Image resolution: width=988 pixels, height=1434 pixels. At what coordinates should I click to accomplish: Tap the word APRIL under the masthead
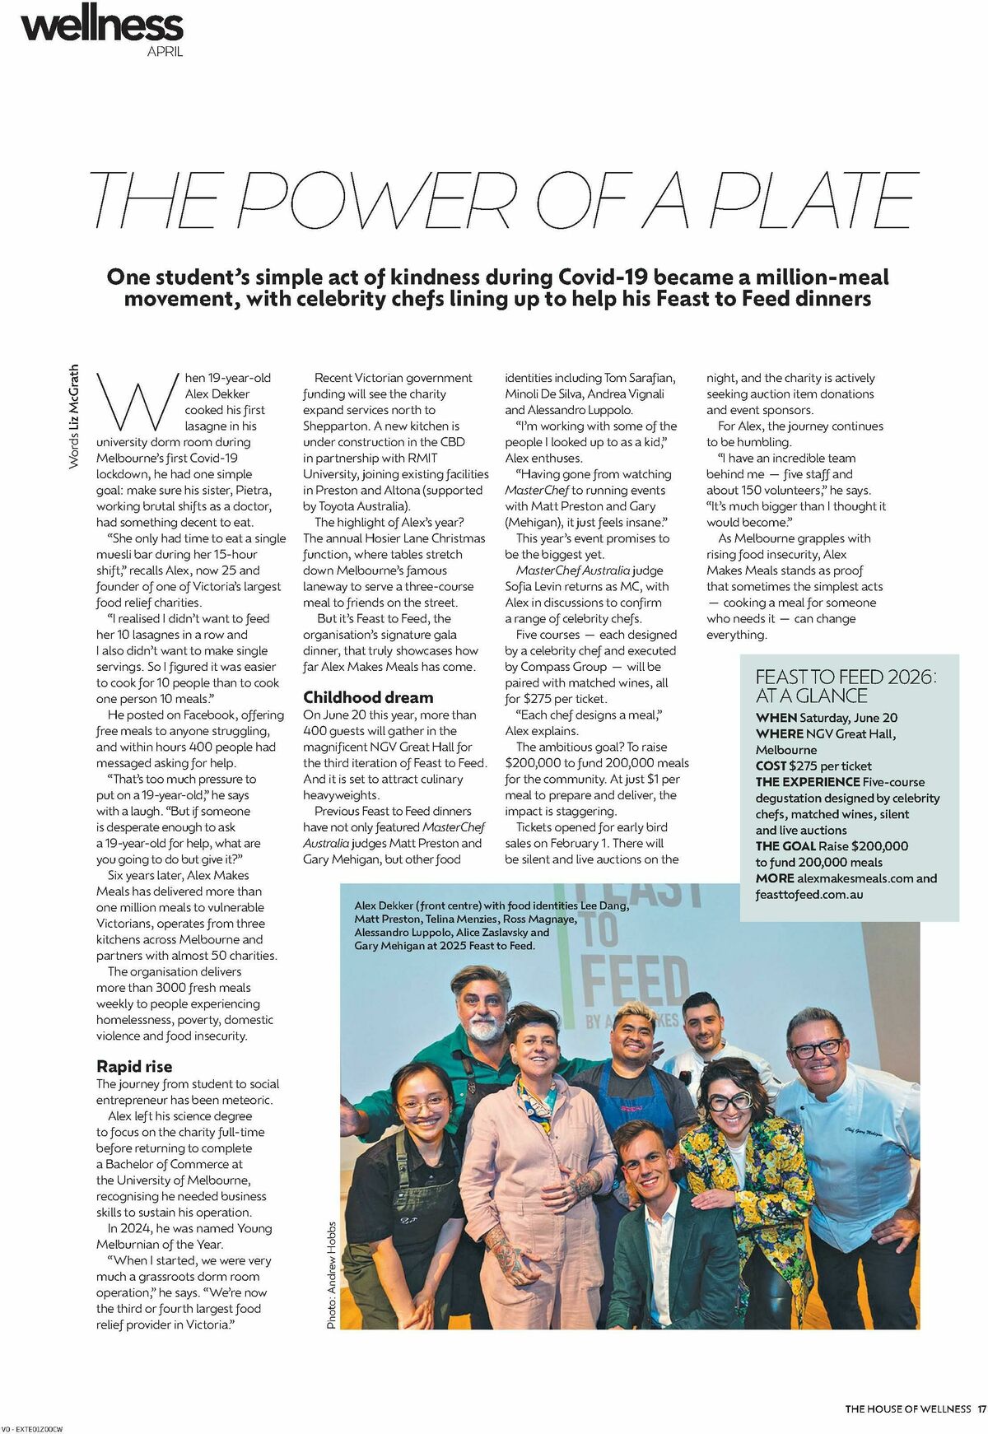coord(165,51)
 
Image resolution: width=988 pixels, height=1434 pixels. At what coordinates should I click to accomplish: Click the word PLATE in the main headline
coord(812,200)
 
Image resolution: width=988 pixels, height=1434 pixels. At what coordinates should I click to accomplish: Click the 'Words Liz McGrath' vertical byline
coord(73,417)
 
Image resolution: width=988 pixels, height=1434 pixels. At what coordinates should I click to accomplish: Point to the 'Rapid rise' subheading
coord(134,1066)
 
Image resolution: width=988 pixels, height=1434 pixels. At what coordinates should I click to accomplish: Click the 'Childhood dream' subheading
coord(368,697)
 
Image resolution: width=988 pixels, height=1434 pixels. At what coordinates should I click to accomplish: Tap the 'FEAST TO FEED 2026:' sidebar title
coord(846,677)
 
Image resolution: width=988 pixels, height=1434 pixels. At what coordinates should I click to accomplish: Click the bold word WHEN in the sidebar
coord(776,718)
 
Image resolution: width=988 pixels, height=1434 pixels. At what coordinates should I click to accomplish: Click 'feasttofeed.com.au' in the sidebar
coord(809,894)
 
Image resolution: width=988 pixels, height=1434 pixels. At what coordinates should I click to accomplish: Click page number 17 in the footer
coord(981,1408)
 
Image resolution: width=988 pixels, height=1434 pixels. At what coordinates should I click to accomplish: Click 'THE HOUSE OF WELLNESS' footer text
coord(907,1408)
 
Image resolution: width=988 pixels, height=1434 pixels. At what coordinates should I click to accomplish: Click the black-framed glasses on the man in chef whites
coord(816,1050)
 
